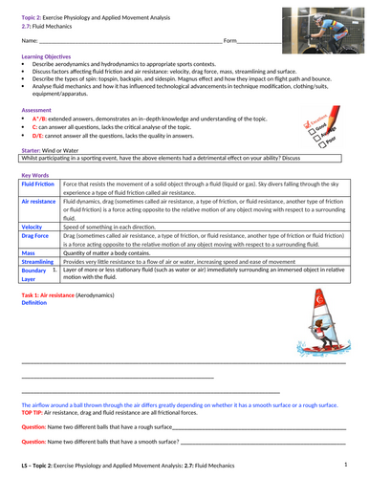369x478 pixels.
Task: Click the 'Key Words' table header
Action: click(x=35, y=174)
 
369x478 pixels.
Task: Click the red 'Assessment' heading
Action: click(x=36, y=109)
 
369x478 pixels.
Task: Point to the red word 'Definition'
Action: click(x=33, y=304)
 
